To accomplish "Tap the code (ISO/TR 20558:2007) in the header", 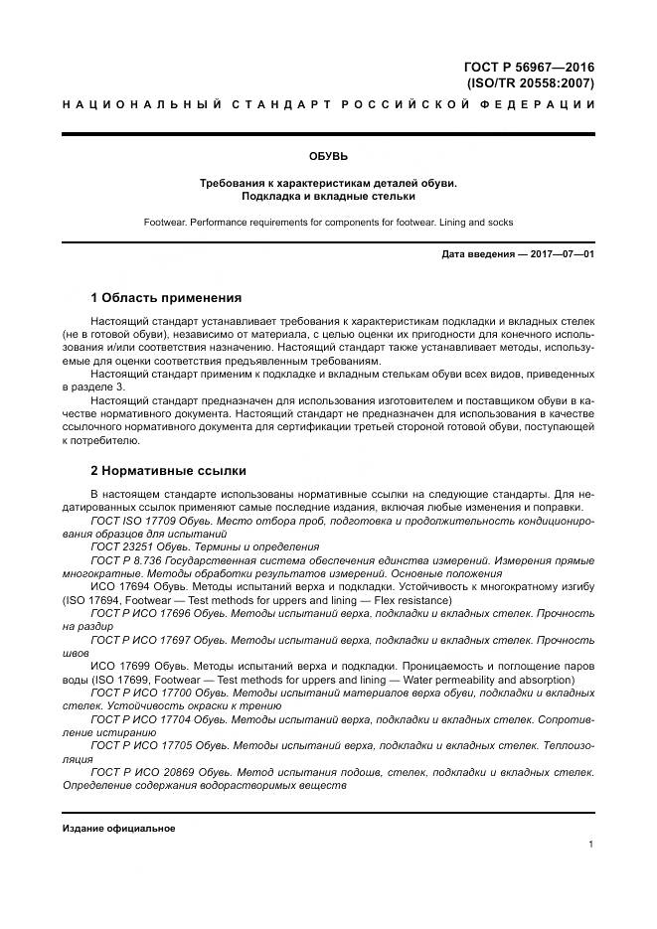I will [530, 83].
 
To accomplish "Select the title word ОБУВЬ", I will [328, 156].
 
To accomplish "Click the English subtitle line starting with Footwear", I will [328, 222].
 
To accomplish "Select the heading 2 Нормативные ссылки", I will [168, 470].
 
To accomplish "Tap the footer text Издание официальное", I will [118, 828].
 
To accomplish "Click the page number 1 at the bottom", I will [590, 845].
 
